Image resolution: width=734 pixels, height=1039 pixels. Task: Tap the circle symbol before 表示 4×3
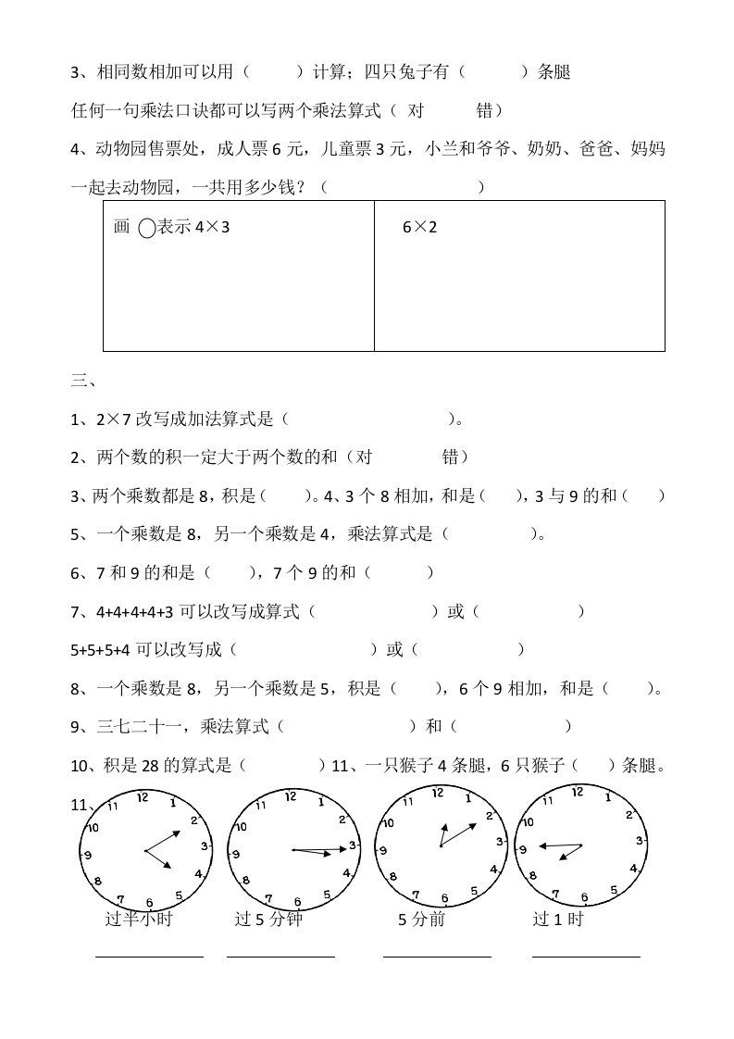click(146, 228)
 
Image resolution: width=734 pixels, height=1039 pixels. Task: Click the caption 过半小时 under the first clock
click(139, 920)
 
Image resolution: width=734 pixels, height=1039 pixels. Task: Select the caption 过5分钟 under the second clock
click(268, 920)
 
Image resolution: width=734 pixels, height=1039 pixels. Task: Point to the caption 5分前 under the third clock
click(421, 920)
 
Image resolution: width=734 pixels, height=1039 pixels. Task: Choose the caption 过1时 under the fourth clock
click(558, 920)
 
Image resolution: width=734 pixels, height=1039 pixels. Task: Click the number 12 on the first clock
click(142, 796)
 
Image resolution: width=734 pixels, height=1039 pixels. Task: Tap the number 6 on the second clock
click(297, 902)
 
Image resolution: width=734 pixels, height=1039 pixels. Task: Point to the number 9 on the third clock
click(382, 849)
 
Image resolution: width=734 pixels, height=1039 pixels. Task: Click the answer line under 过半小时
click(149, 957)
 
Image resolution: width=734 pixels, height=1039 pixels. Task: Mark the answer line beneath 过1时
click(586, 957)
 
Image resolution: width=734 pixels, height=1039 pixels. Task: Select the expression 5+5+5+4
click(102, 650)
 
